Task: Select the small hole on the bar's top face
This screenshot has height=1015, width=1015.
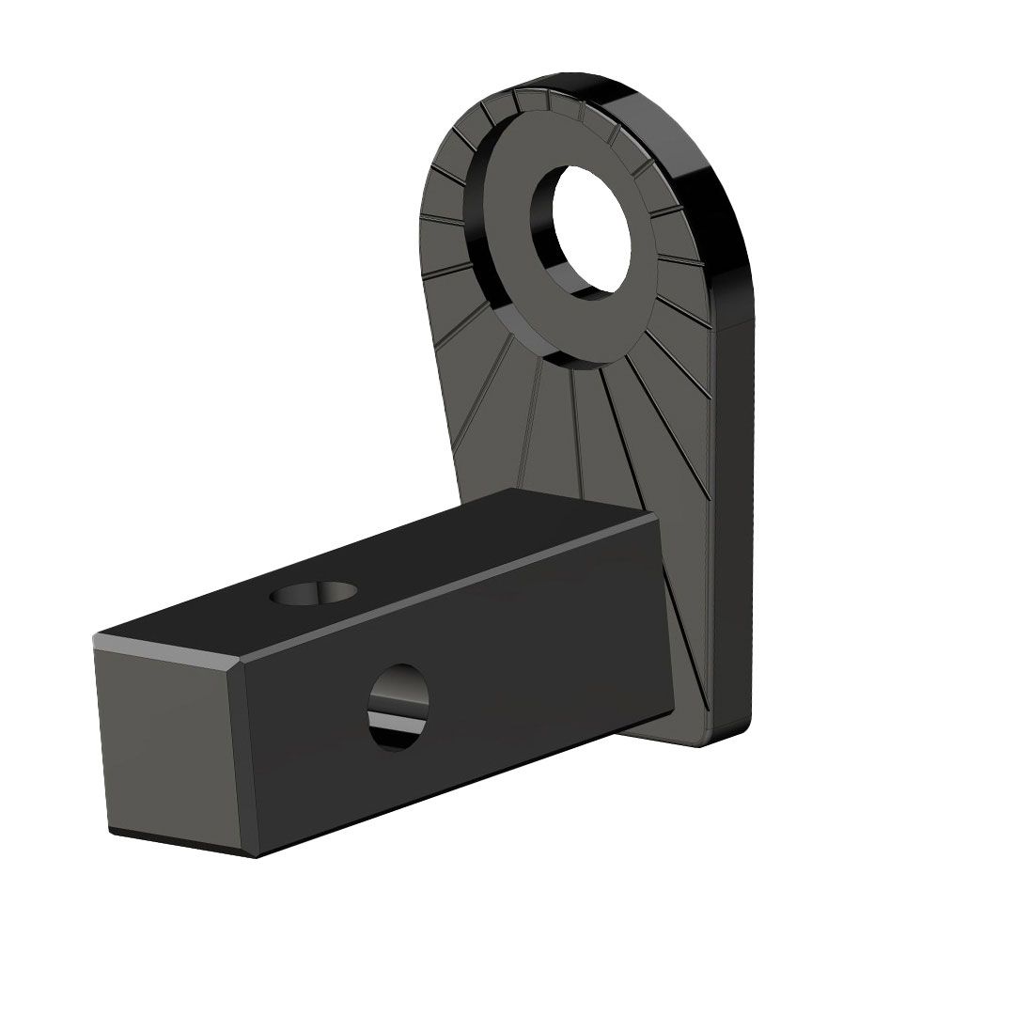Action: [x=314, y=593]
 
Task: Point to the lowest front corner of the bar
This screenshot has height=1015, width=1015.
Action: [x=255, y=855]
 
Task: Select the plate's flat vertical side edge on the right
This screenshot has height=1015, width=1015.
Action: [x=733, y=517]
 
